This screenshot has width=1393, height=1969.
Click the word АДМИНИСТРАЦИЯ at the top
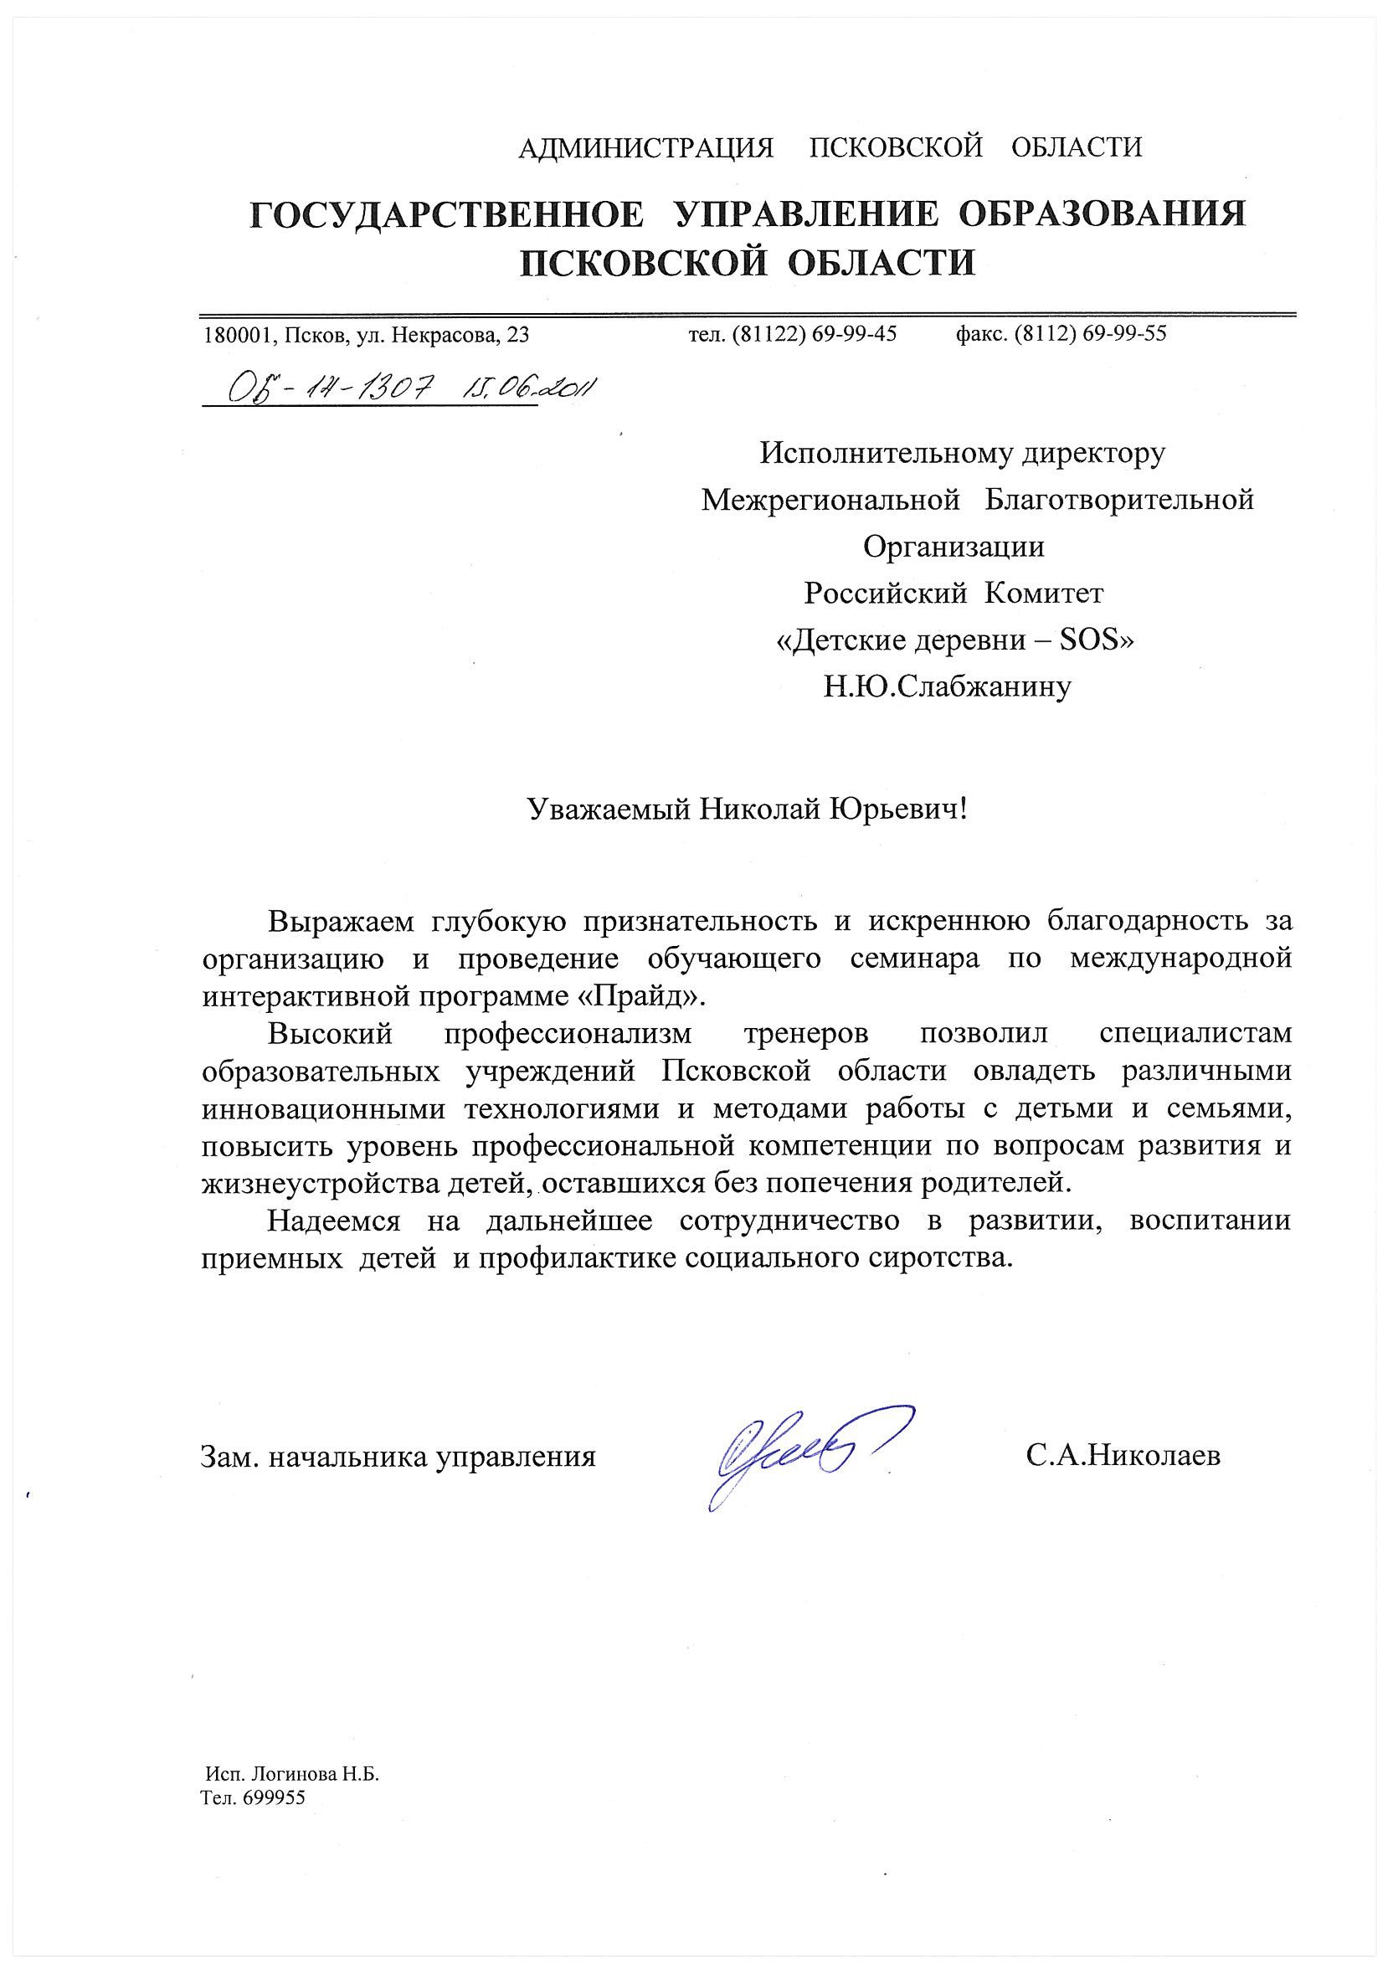pos(646,147)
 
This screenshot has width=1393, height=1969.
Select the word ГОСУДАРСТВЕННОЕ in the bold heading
pos(446,214)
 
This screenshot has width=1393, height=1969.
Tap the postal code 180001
pos(235,336)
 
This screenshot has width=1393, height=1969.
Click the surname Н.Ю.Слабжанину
pos(947,687)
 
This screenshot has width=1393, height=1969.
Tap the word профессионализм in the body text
pos(567,1034)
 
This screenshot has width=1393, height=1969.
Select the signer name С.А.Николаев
pos(1122,1455)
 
